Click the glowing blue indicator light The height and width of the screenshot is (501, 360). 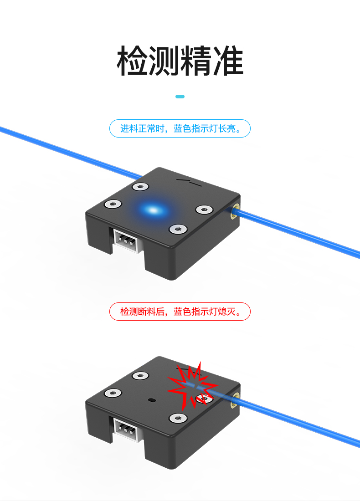click(154, 210)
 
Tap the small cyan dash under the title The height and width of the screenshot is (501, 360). click(180, 97)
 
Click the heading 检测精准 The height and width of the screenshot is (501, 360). click(180, 61)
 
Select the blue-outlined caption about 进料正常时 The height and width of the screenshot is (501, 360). click(180, 128)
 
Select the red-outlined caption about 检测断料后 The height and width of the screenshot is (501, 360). click(180, 312)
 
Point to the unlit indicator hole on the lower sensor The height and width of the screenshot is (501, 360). click(151, 399)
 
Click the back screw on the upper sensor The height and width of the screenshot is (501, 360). click(140, 187)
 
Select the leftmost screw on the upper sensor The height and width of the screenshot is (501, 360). click(113, 204)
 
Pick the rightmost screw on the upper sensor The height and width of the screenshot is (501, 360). click(204, 210)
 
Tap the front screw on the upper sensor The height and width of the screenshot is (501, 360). click(178, 229)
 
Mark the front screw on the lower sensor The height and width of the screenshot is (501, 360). click(178, 418)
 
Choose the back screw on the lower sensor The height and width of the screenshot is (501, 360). click(140, 376)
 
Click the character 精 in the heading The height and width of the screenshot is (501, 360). click(196, 61)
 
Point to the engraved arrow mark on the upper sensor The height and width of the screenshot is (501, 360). click(189, 182)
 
